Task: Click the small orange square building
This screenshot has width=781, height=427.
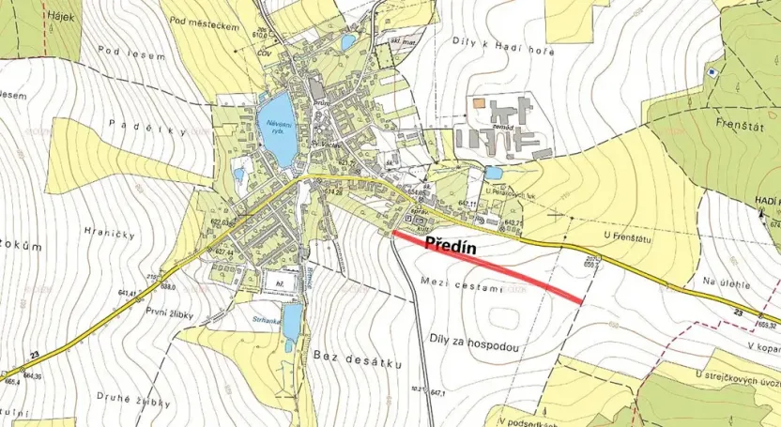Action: tap(479, 102)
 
